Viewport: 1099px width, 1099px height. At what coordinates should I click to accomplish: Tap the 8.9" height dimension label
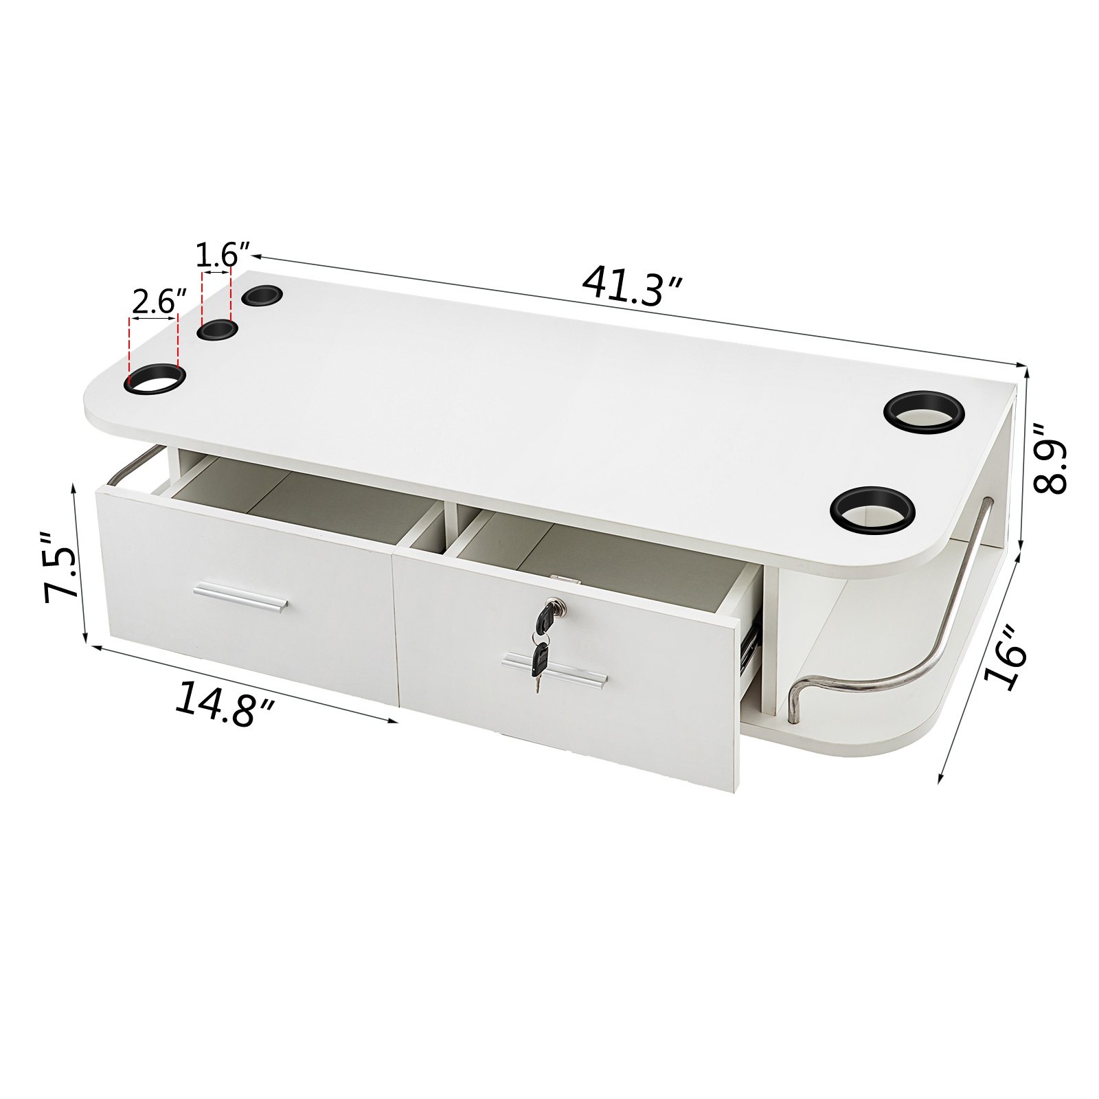pos(1051,459)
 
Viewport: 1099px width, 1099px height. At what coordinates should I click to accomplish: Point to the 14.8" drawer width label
pos(225,703)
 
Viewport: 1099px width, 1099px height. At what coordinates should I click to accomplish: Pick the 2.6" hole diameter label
pos(159,302)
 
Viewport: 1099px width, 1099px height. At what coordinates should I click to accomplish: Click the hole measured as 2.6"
pos(155,378)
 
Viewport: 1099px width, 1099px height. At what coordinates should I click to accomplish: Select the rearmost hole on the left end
pos(262,296)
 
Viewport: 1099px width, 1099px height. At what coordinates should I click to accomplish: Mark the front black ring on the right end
pos(872,510)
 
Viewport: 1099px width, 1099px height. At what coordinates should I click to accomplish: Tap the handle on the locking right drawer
pos(555,670)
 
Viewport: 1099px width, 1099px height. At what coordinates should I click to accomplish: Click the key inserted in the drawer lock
pos(548,614)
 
